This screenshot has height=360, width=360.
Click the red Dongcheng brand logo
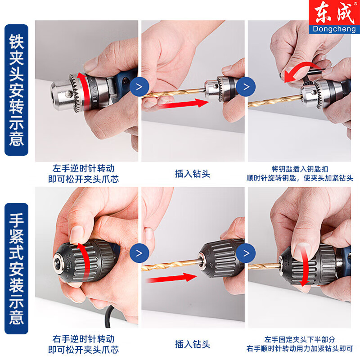(333, 18)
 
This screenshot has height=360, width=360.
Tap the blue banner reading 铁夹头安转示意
(17, 90)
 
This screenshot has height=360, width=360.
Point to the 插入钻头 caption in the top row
(193, 174)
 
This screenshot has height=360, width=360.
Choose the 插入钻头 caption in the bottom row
(193, 344)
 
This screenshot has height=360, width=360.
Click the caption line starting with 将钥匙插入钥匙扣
(299, 169)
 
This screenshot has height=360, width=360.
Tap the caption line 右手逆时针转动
(84, 339)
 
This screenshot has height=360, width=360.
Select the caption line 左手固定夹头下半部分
(299, 339)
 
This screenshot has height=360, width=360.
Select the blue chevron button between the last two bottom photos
(246, 253)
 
